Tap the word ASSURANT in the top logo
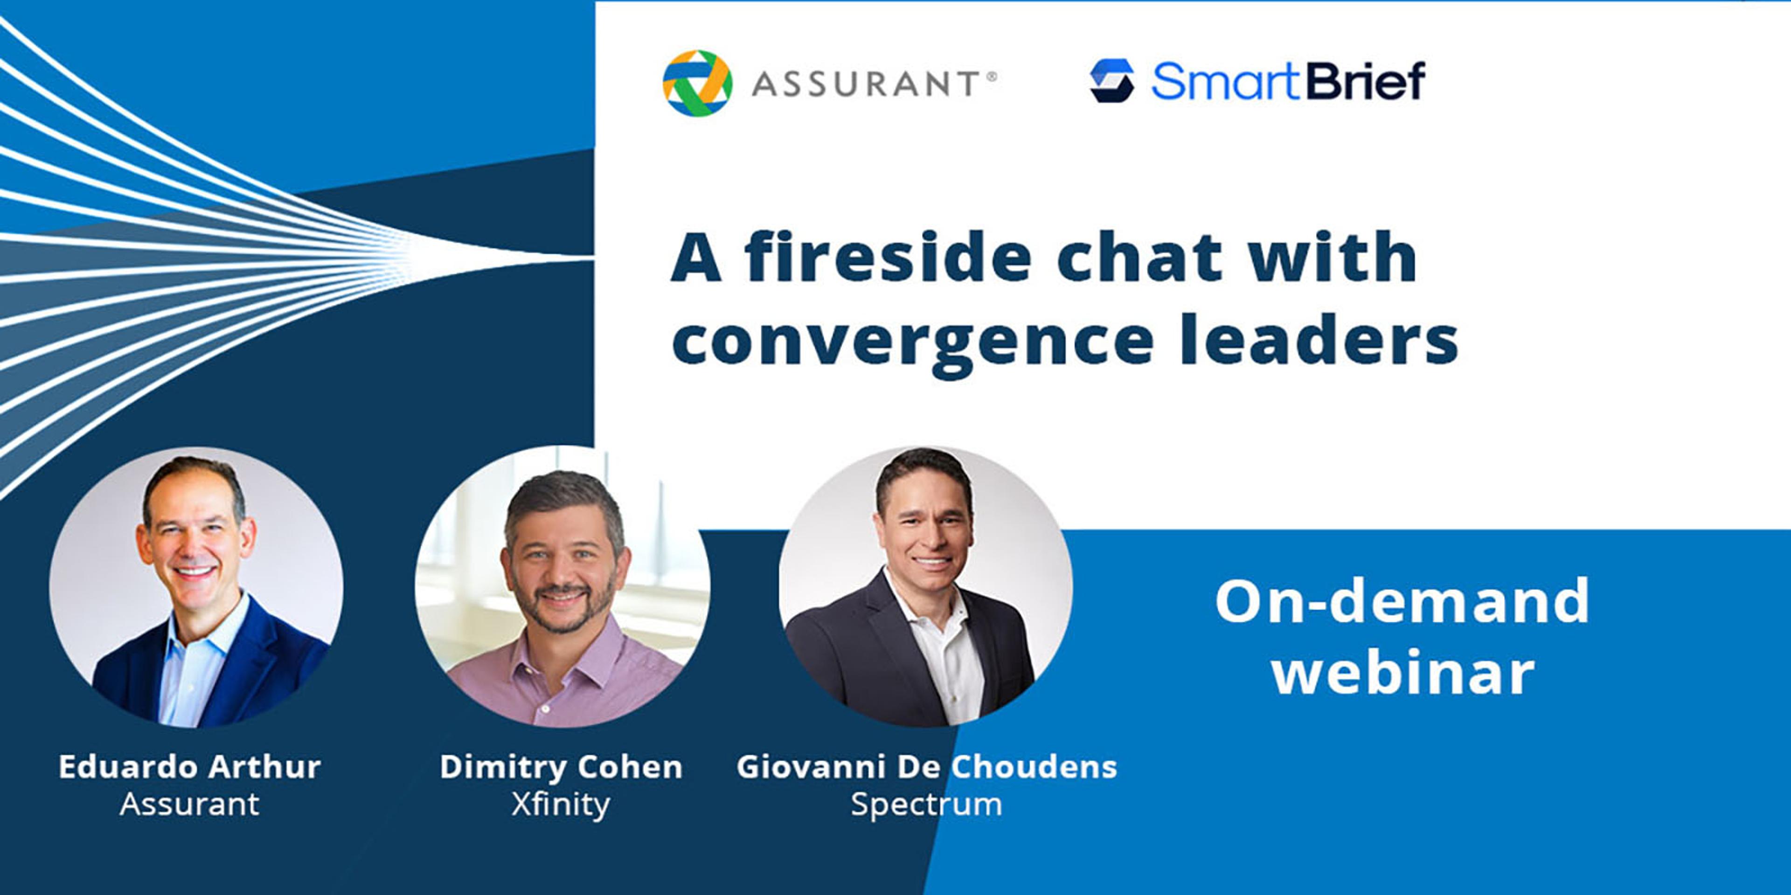(x=866, y=84)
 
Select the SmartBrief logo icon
(x=1112, y=81)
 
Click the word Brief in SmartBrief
(x=1366, y=81)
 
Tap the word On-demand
(x=1402, y=600)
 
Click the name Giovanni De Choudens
(x=927, y=766)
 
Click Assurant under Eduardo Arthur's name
(x=189, y=804)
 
